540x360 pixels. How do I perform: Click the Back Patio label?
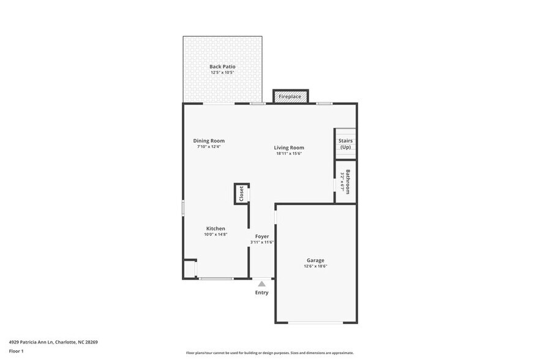coord(222,66)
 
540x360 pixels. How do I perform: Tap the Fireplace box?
coord(290,97)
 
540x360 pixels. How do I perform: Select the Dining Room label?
coord(209,141)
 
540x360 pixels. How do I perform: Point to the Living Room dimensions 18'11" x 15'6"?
coord(289,154)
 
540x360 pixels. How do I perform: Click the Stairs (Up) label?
coord(345,144)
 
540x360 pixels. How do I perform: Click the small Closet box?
coord(241,193)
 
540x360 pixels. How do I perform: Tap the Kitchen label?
coord(215,228)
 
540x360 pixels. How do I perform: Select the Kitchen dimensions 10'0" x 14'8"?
coord(215,234)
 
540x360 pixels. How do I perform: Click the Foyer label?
coord(262,236)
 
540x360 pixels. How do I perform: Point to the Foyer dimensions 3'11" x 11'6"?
coord(262,242)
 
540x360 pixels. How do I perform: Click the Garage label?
coord(315,260)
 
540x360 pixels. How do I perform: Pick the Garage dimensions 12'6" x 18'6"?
coord(315,266)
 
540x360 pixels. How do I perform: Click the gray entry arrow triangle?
coord(262,283)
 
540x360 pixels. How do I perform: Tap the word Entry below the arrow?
coord(262,293)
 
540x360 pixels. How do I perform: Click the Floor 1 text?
coord(16,351)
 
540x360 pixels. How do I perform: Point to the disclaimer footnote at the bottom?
coord(269,353)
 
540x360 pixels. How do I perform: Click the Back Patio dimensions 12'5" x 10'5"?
coord(222,72)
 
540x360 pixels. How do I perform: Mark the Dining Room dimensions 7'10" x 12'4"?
coord(209,147)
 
